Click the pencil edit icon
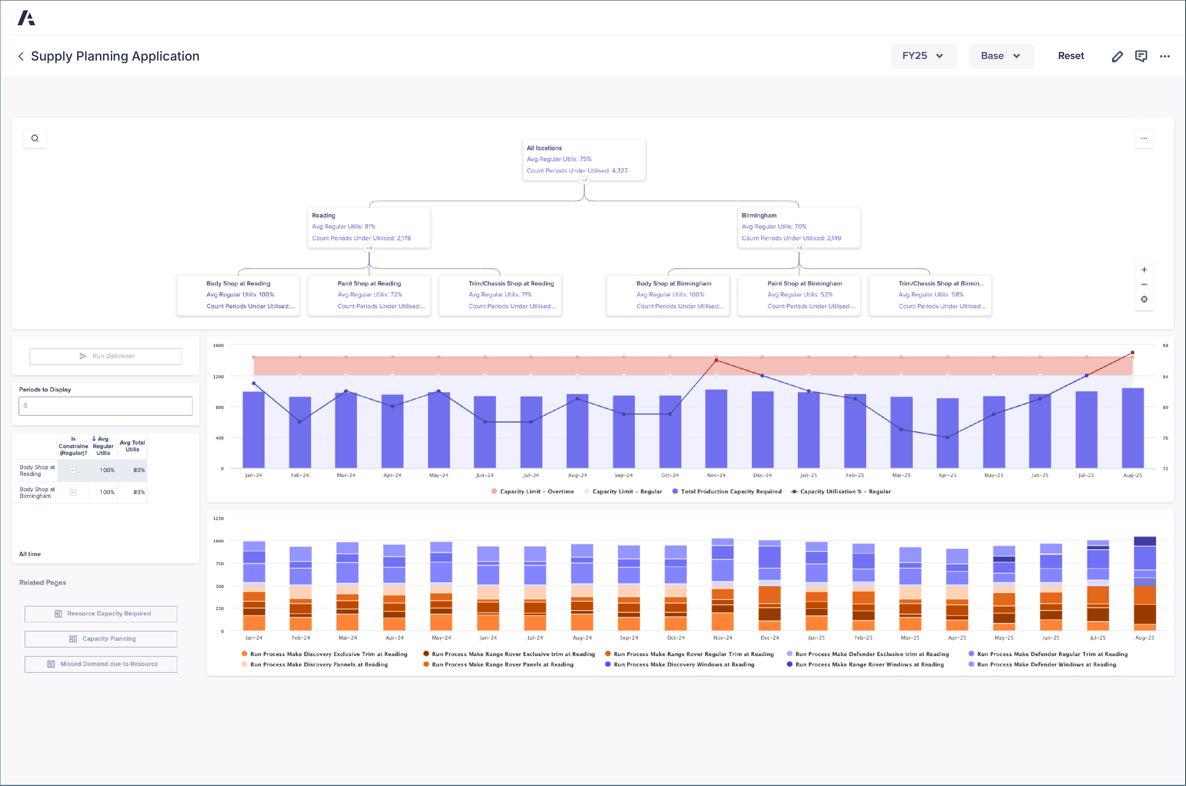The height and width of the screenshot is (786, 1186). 1117,57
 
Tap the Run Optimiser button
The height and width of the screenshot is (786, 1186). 106,356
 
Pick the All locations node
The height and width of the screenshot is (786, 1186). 583,159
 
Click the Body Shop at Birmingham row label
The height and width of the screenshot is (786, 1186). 36,492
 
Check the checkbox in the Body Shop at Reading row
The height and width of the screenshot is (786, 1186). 73,470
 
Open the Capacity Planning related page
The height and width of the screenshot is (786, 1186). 101,639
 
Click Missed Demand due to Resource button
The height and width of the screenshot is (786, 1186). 101,664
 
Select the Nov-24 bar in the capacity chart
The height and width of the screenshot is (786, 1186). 716,429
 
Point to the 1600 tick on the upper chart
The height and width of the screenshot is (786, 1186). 218,345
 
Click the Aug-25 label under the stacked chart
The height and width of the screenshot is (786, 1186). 1144,638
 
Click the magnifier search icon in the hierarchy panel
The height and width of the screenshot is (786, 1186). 35,138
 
